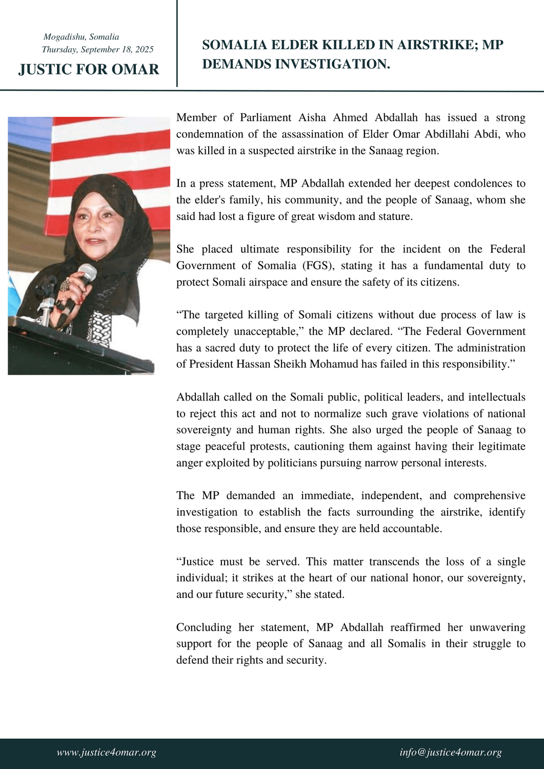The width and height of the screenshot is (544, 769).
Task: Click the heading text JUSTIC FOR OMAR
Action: tap(89, 69)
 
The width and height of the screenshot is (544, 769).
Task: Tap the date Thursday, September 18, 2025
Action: tap(97, 50)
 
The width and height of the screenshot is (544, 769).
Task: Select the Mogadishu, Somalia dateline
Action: tap(81, 37)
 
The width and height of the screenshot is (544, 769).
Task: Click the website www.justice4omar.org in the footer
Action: tap(106, 753)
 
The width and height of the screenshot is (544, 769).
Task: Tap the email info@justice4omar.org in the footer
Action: tap(451, 753)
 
